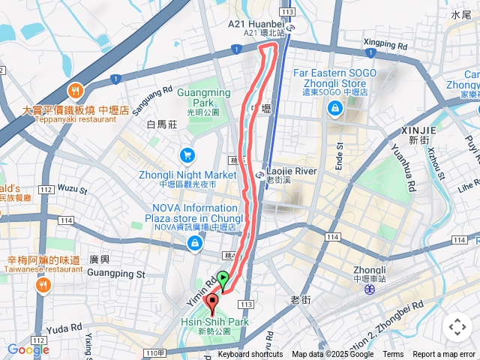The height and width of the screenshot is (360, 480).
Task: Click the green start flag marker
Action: pyautogui.click(x=223, y=280)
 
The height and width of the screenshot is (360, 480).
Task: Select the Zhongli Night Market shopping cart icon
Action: pyautogui.click(x=187, y=155)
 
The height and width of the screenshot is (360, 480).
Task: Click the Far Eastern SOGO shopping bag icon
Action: pyautogui.click(x=334, y=109)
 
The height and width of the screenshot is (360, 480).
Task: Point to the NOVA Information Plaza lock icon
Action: pyautogui.click(x=195, y=243)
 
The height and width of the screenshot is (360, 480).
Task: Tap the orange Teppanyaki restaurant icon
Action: pyautogui.click(x=75, y=91)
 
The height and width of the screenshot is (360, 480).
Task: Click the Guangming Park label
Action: pyautogui.click(x=204, y=97)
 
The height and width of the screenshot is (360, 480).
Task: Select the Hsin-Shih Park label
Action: pyautogui.click(x=214, y=322)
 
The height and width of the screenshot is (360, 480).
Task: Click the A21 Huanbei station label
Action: pyautogui.click(x=256, y=24)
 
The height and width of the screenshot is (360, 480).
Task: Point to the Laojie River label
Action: pyautogui.click(x=292, y=171)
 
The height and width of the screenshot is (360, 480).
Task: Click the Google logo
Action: pyautogui.click(x=28, y=349)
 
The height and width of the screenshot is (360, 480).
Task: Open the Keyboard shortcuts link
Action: pyautogui.click(x=250, y=355)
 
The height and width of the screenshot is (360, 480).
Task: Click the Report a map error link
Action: pyautogui.click(x=445, y=355)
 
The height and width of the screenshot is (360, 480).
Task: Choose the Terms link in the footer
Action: pyautogui.click(x=393, y=355)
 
